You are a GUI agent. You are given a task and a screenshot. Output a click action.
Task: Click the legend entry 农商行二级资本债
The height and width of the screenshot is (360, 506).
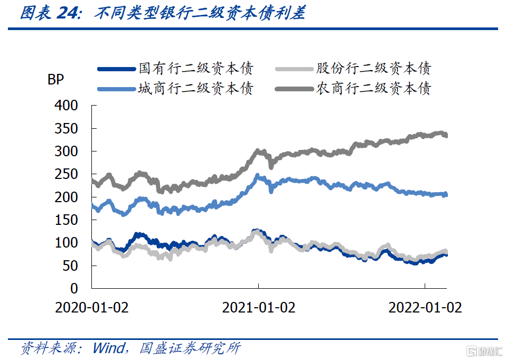pos(373,88)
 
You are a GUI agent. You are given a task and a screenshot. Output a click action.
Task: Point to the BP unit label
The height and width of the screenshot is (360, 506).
pos(55,81)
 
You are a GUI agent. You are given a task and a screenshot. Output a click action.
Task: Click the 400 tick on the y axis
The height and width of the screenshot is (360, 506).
pos(66,106)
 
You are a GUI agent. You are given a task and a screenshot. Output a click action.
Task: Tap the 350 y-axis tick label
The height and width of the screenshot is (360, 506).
pos(66,129)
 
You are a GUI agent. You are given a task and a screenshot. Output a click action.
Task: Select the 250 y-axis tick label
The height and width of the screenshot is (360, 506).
pos(66,174)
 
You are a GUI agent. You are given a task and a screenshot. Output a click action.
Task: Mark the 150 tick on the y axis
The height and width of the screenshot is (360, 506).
pos(66,220)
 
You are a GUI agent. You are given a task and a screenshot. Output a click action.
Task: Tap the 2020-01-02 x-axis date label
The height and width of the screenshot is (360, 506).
pos(92,308)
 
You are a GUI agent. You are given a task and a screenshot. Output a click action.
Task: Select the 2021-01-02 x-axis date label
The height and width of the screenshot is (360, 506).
pos(258,308)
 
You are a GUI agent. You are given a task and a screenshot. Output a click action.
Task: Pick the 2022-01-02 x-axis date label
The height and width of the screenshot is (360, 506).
pos(425,308)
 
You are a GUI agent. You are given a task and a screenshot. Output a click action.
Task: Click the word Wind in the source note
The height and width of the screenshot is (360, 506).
pos(109,348)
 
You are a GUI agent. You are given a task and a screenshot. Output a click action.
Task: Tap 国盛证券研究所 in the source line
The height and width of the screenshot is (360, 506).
pos(190,348)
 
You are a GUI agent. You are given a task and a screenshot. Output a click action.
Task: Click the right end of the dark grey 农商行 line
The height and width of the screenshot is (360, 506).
pos(446,136)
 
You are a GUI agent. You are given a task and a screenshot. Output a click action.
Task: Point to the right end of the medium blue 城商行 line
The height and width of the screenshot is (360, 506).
pos(446,195)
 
